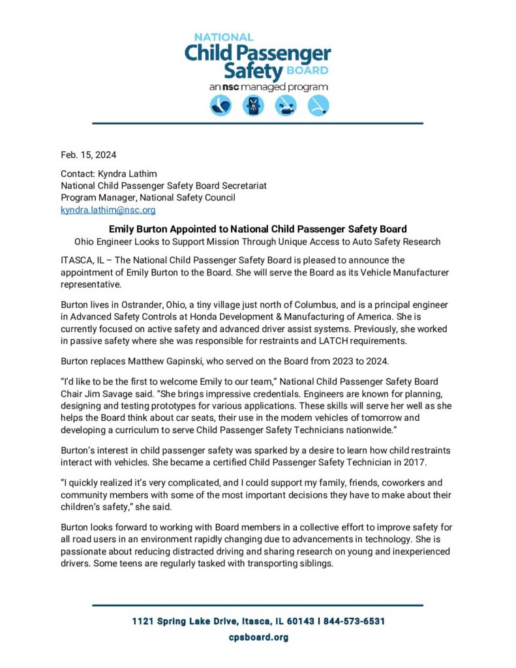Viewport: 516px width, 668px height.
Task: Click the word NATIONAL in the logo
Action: click(x=224, y=37)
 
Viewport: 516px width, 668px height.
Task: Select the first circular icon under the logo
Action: click(x=220, y=105)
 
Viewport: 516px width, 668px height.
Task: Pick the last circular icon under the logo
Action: click(x=318, y=105)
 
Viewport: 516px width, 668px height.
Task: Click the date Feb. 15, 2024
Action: click(x=88, y=155)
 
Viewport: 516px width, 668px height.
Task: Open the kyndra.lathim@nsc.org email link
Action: click(x=108, y=209)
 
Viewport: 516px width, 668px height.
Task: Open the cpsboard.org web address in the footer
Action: click(x=258, y=637)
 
